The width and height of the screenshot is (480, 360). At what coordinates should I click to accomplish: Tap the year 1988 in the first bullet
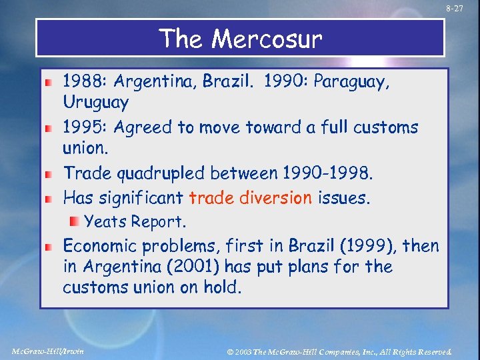click(x=85, y=82)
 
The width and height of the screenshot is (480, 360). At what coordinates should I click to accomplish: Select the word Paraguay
click(x=353, y=83)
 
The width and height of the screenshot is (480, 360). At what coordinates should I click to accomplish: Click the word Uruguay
click(x=96, y=103)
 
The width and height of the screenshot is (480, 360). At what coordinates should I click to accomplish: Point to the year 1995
click(x=84, y=127)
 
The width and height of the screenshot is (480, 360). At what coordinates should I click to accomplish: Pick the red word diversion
click(x=278, y=197)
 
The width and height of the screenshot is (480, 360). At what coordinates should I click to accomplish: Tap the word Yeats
click(x=106, y=221)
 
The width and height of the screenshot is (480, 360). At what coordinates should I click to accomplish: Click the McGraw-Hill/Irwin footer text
click(x=48, y=350)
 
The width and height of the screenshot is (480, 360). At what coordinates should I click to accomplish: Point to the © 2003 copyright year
click(x=242, y=351)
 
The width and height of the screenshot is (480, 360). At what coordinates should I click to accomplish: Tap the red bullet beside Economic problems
click(x=49, y=247)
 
